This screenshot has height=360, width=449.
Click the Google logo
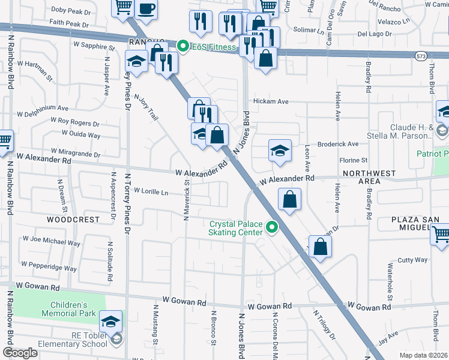coord(20,352)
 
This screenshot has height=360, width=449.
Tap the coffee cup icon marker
coord(146,8)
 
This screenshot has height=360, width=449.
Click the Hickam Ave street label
coord(271,101)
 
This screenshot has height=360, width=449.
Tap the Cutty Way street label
coord(412,260)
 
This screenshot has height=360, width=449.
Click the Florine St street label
coord(353,160)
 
